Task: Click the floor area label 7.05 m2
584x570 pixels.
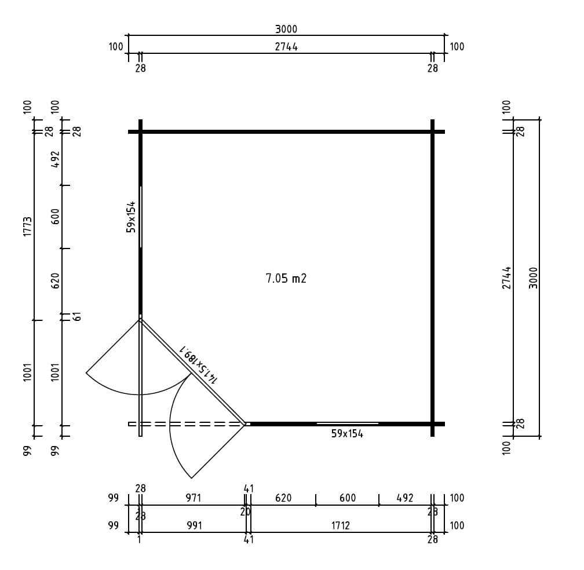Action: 286,279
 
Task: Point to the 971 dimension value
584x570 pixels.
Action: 193,498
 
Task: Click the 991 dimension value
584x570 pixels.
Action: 194,526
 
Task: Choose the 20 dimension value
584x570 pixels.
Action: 245,512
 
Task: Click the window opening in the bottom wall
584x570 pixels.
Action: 348,423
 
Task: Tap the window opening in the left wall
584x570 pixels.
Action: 140,217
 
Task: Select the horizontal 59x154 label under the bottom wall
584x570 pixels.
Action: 347,434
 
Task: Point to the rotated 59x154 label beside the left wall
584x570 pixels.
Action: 131,217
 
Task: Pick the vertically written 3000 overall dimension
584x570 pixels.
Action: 534,277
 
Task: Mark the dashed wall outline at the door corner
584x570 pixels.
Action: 185,424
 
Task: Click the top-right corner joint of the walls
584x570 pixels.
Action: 432,132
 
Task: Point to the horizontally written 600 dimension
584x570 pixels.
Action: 347,498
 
